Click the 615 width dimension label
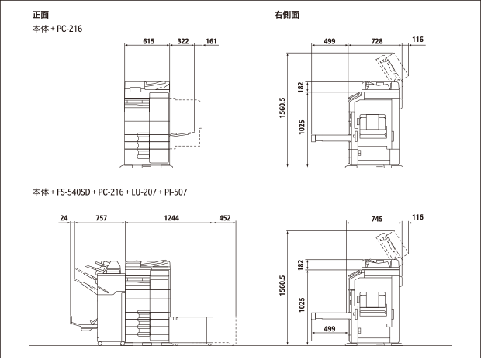[149, 41]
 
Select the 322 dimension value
[183, 41]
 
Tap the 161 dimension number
[211, 41]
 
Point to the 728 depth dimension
[377, 41]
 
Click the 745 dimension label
[377, 219]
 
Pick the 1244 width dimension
[171, 218]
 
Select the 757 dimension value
[101, 218]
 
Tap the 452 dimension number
[225, 218]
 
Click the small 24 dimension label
[64, 218]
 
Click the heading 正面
[40, 15]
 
